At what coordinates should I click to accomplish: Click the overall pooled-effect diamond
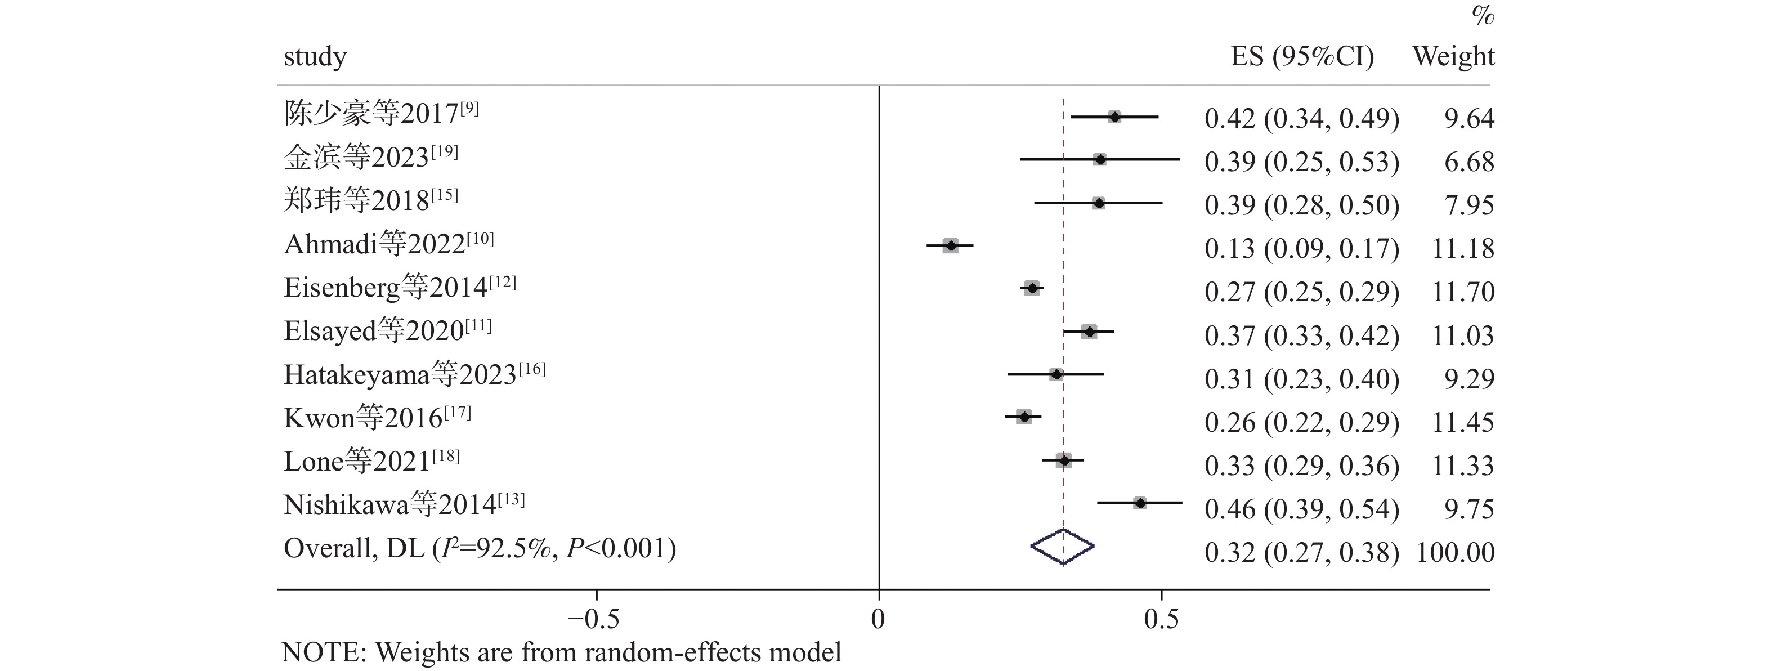coord(1063,547)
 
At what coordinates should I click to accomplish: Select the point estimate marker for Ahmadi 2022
coord(951,245)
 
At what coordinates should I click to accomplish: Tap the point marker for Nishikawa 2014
coord(1140,503)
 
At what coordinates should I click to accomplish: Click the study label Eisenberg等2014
coord(399,287)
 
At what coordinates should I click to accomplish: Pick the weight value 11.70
coord(1463,292)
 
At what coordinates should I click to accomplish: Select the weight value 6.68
coord(1470,162)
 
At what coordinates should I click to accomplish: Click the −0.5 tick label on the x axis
coord(593,619)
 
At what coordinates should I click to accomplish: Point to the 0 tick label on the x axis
coord(878,619)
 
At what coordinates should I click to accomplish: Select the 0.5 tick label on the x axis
coord(1161,619)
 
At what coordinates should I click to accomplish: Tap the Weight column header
coord(1454,56)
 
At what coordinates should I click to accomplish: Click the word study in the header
coord(315,56)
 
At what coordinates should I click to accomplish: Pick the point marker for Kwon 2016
coord(1024,417)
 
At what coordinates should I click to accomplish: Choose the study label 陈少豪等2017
coord(380,113)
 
